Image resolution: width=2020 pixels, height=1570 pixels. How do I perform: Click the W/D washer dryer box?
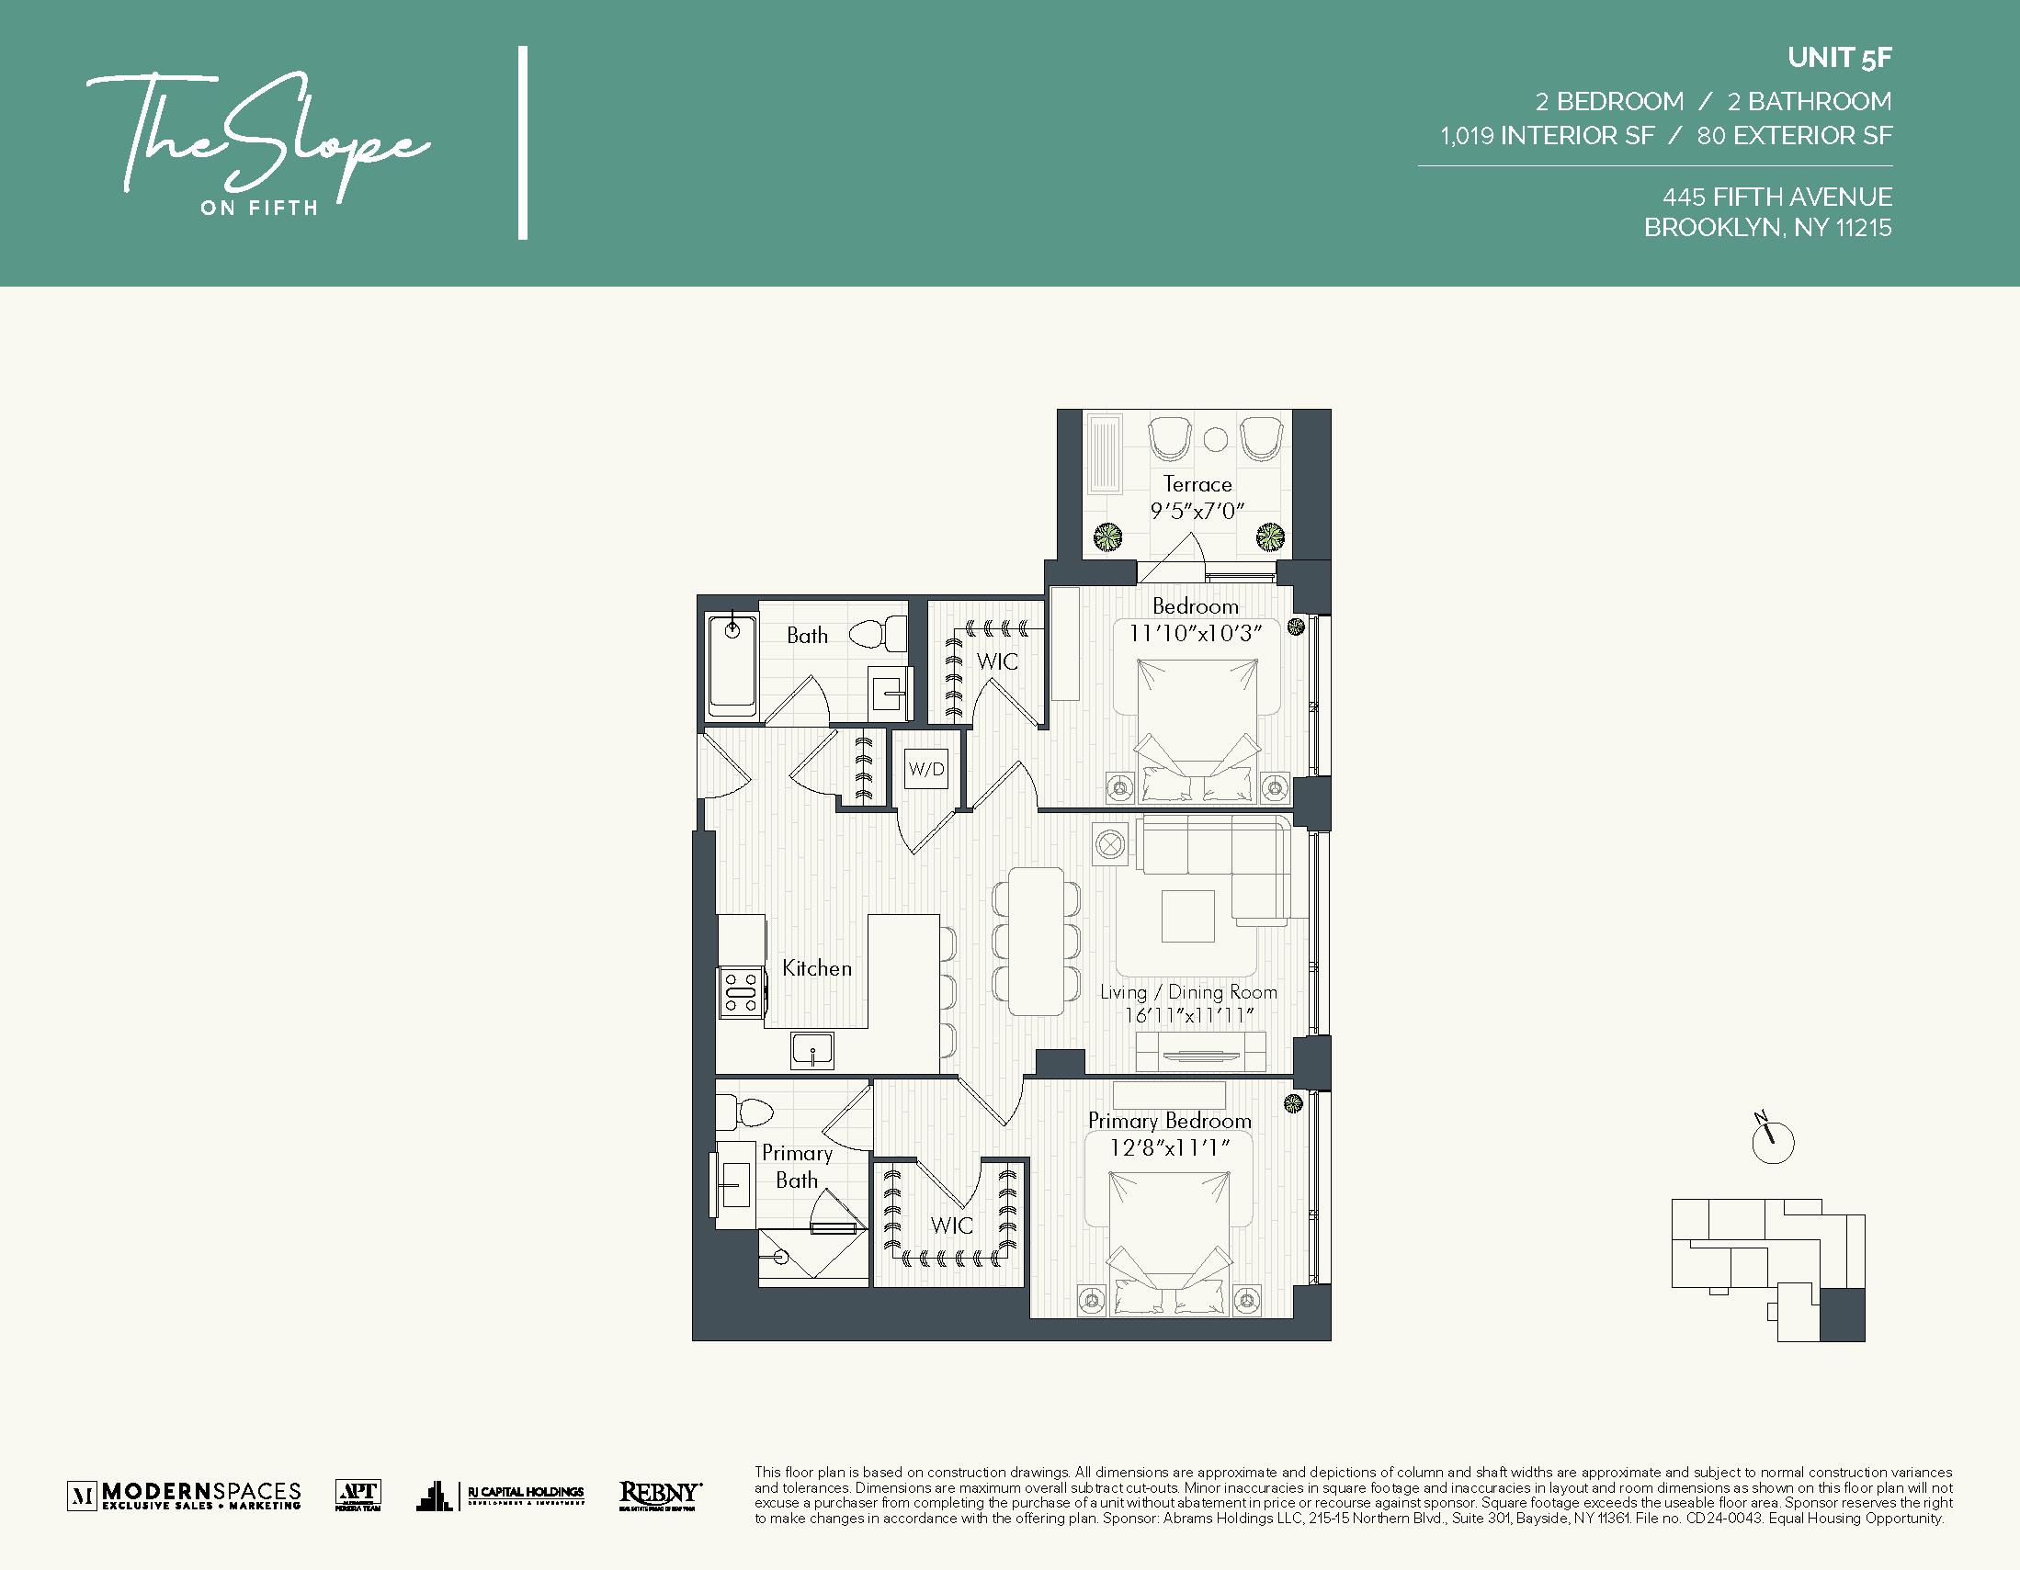click(x=925, y=768)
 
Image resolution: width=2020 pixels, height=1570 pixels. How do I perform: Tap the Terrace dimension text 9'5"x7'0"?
click(x=1197, y=511)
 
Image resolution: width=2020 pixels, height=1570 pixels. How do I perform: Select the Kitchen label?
click(x=817, y=968)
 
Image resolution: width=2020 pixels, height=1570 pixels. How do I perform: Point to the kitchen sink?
click(x=812, y=1049)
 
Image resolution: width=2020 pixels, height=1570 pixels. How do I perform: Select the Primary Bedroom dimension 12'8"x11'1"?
click(x=1169, y=1147)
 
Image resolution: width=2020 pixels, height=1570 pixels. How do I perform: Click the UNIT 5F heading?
click(x=1839, y=58)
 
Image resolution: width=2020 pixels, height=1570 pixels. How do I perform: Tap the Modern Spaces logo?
click(x=185, y=1495)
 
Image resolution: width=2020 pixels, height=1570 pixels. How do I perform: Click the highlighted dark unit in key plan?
click(x=1842, y=1314)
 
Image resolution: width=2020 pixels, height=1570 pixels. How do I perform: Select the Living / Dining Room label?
click(x=1187, y=992)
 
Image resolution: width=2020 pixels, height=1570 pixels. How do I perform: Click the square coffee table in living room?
click(x=1187, y=915)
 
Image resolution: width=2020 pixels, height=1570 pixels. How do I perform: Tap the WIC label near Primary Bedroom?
click(x=952, y=1226)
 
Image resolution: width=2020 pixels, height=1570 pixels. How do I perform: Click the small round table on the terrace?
click(x=1215, y=439)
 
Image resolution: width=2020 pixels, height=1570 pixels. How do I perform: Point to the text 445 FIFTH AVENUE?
click(x=1776, y=197)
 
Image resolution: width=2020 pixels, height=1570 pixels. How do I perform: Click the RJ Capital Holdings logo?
click(x=500, y=1494)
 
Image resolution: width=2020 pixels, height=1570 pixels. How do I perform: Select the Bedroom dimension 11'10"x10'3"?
click(x=1195, y=633)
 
